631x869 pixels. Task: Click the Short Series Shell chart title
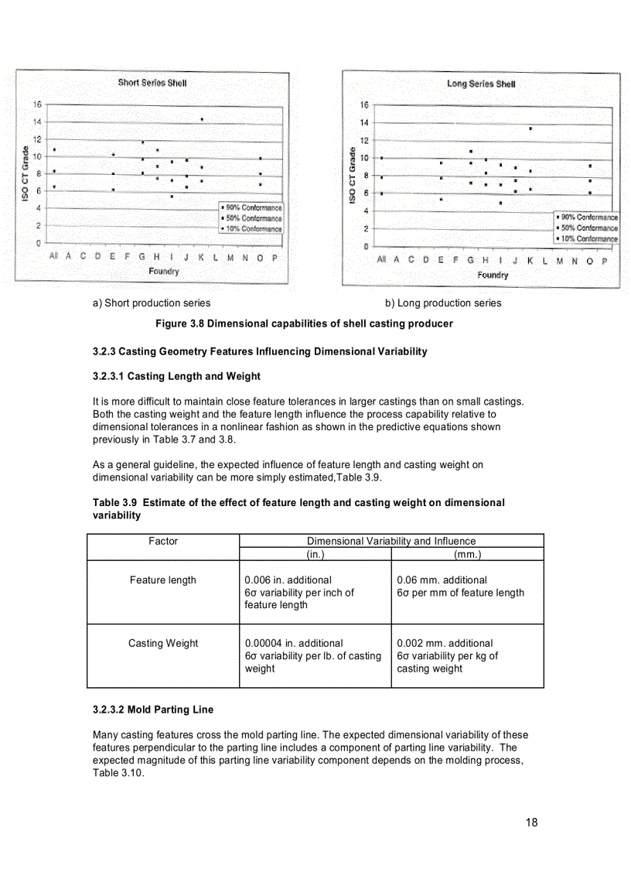[152, 82]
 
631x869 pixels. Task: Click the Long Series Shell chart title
[480, 84]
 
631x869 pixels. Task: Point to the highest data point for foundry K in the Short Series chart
[202, 119]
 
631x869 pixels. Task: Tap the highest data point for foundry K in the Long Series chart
[530, 128]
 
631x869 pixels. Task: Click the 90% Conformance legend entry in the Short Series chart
[251, 208]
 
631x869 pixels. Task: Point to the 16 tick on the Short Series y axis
[36, 104]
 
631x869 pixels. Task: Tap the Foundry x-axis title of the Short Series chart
[163, 272]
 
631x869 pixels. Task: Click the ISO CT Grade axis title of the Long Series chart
[353, 176]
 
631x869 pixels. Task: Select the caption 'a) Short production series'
[151, 303]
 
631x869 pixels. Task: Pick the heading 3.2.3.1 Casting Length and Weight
[176, 377]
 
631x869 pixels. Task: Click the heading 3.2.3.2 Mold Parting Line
[153, 710]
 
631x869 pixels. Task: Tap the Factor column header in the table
[163, 542]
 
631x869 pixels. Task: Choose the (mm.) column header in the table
[468, 554]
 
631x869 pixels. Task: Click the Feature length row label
[163, 580]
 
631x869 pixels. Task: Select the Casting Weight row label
[163, 643]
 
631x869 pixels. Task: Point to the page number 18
[530, 823]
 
